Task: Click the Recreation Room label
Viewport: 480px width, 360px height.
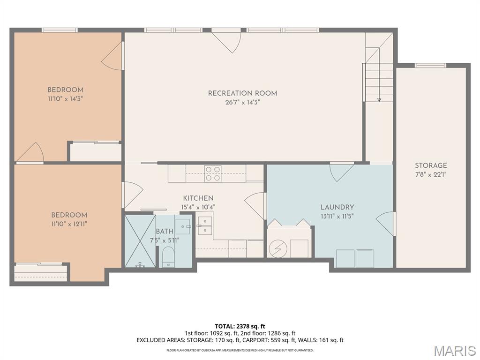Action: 242,93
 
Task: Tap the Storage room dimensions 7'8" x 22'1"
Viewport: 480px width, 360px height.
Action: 430,174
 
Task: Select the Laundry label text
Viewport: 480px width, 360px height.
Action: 337,207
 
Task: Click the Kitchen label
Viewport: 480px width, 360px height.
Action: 198,198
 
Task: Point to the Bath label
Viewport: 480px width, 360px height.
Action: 165,231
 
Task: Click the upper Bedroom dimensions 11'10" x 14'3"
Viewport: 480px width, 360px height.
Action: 65,99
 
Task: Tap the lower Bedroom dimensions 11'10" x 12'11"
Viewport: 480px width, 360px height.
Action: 69,224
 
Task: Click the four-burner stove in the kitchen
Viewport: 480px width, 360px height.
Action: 213,173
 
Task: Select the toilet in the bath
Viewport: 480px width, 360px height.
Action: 167,257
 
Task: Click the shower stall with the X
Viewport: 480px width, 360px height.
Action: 139,240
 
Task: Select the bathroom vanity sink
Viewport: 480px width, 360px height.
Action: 183,226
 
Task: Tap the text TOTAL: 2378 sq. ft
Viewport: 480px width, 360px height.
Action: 240,326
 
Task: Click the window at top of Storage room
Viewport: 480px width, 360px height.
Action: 430,66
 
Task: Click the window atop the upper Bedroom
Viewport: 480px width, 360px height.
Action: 60,30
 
